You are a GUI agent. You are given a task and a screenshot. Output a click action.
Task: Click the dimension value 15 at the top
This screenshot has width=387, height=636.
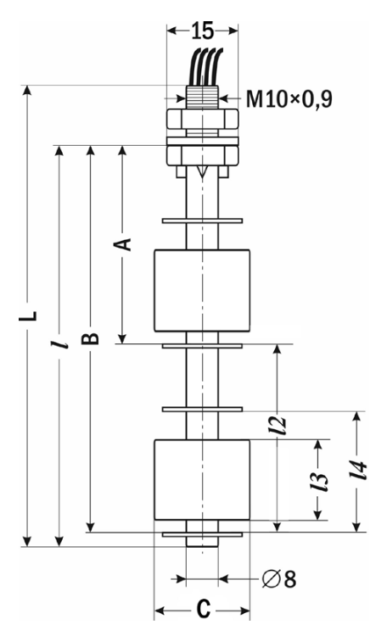point(202,31)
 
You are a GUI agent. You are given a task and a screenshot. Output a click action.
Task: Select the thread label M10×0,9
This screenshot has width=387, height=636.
point(289,98)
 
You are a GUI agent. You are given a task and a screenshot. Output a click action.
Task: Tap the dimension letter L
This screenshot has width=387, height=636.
point(28,316)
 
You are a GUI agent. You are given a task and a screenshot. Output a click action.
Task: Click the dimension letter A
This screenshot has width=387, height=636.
point(122,244)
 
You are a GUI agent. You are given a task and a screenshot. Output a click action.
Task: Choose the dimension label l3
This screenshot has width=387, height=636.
point(319,481)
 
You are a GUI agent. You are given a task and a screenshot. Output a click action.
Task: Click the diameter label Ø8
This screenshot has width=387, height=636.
point(279,578)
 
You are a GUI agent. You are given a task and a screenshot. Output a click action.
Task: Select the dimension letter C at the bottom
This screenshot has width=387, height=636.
point(203,609)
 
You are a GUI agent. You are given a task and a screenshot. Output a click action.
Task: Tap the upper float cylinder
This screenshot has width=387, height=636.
point(202,290)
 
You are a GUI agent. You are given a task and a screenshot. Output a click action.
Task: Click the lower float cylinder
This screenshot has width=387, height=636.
point(202,480)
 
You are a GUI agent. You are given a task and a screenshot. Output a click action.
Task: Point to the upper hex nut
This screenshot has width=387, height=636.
point(202,119)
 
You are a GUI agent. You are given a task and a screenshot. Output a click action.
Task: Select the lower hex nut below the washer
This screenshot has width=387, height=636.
point(202,156)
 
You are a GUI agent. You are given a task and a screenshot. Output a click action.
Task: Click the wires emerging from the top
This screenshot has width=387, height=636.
point(208,67)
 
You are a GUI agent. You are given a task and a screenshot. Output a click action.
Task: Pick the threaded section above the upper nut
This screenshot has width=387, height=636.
point(202,97)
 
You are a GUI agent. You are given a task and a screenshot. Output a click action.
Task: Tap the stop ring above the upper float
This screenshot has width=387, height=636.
point(202,221)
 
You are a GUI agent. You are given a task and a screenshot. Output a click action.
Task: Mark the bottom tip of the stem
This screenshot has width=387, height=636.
point(202,546)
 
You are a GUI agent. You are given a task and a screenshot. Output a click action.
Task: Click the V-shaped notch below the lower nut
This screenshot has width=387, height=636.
point(202,172)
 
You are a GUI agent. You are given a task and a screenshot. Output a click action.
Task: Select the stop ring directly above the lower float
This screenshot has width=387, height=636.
point(202,410)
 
